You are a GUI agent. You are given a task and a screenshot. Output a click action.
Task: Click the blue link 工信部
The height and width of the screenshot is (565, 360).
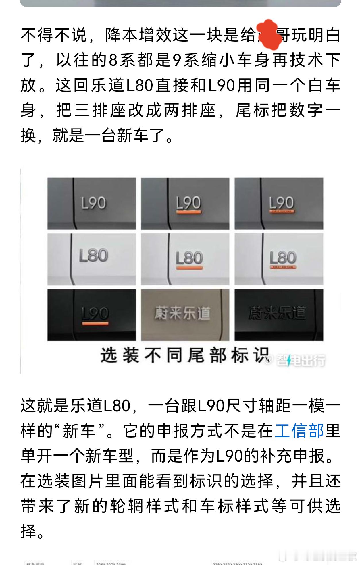tap(299, 431)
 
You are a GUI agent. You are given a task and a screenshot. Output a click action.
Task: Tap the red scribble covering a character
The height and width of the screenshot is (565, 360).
tap(269, 35)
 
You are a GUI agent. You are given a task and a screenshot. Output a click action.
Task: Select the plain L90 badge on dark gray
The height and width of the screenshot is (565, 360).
tap(94, 203)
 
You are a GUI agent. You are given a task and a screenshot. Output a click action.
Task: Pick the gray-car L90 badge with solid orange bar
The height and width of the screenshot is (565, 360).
tap(188, 204)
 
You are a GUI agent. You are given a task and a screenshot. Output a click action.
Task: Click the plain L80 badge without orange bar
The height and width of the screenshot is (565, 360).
tap(94, 256)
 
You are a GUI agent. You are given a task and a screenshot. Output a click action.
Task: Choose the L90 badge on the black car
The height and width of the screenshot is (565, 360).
tap(95, 315)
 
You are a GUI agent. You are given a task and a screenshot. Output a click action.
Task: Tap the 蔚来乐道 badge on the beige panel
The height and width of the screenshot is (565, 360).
tap(182, 313)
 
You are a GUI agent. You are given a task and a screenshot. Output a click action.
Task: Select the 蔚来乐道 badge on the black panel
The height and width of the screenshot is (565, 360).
tap(277, 313)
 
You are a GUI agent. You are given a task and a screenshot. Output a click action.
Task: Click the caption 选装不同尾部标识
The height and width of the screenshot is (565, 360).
tap(184, 355)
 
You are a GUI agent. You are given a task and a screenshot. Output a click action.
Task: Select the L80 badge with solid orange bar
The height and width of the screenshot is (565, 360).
tap(189, 260)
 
